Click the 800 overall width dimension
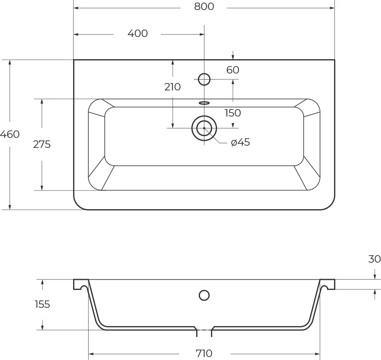click(x=204, y=7)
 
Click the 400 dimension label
click(x=137, y=33)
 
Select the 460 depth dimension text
click(x=10, y=134)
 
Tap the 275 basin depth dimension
click(x=42, y=144)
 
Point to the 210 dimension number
click(x=173, y=87)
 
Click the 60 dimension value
click(x=233, y=70)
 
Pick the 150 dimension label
click(x=233, y=113)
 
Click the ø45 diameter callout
click(x=241, y=142)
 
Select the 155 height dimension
click(x=42, y=304)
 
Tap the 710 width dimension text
click(x=204, y=353)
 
